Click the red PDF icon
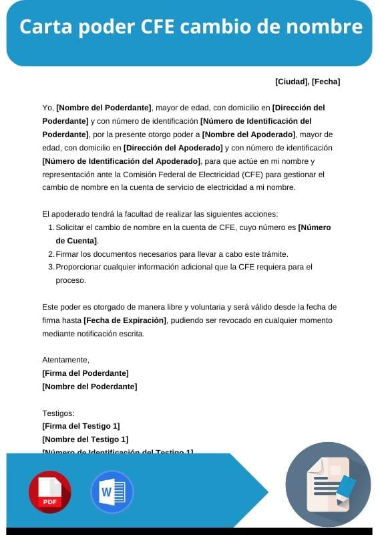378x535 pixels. (49, 492)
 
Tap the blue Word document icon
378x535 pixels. (112, 492)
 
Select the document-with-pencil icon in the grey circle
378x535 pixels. (328, 485)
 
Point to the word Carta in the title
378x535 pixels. (47, 27)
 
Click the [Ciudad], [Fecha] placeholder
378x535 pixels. (307, 82)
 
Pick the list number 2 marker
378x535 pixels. (51, 254)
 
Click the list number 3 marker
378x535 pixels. (51, 267)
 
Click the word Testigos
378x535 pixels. (58, 413)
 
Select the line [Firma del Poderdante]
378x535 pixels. (85, 373)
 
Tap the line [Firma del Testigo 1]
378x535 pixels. (81, 426)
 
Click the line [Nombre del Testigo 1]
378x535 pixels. (85, 439)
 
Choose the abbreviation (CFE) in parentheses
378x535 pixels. (252, 174)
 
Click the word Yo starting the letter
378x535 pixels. (47, 107)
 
